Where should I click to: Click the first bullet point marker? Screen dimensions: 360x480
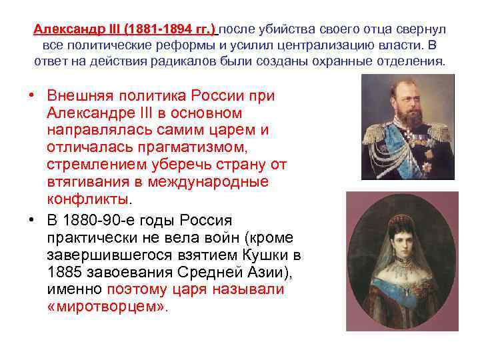[x=31, y=96]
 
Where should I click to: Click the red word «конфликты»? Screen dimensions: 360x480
[x=89, y=200]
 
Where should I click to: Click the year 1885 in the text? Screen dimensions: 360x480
[x=66, y=273]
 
